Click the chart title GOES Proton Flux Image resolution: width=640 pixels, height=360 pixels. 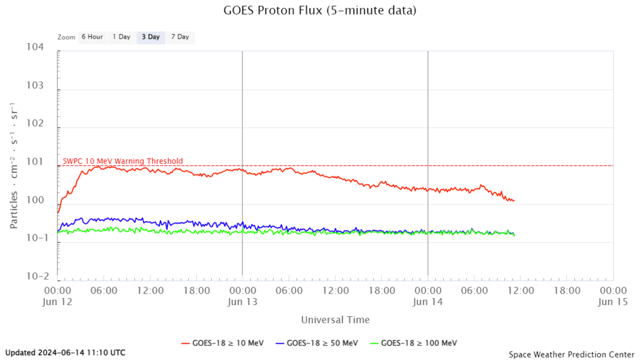319,11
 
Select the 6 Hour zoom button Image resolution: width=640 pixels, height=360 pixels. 92,37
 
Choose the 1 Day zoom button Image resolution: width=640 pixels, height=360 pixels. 121,37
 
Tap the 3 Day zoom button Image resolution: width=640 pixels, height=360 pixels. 151,37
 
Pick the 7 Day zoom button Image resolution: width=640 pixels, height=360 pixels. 179,37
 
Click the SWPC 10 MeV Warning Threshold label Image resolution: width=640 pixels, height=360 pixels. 122,161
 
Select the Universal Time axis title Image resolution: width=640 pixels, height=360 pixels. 335,320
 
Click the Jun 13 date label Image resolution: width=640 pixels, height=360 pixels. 242,301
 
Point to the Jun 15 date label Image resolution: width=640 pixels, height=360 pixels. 612,301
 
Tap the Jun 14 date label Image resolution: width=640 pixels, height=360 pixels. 427,301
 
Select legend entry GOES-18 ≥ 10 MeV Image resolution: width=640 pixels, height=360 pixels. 222,343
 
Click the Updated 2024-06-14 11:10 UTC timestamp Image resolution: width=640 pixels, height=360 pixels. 66,352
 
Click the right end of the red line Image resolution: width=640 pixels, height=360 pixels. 514,201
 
